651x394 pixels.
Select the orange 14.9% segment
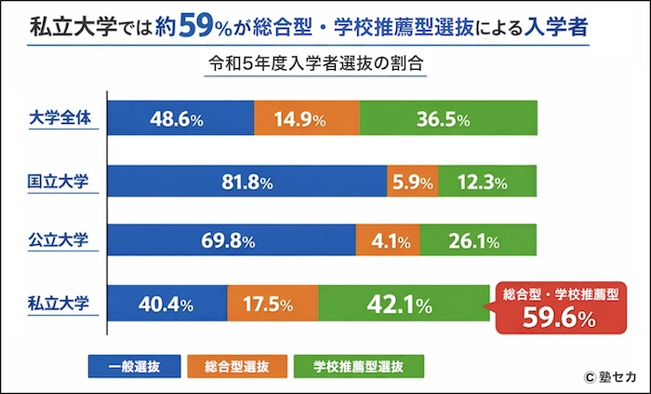point(305,120)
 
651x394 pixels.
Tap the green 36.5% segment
point(448,120)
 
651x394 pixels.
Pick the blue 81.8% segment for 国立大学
point(247,182)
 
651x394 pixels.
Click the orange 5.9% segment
point(412,182)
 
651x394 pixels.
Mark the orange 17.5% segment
point(272,304)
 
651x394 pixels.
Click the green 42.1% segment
point(404,304)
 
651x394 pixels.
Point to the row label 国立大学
point(58,181)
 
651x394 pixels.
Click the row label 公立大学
point(58,241)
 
